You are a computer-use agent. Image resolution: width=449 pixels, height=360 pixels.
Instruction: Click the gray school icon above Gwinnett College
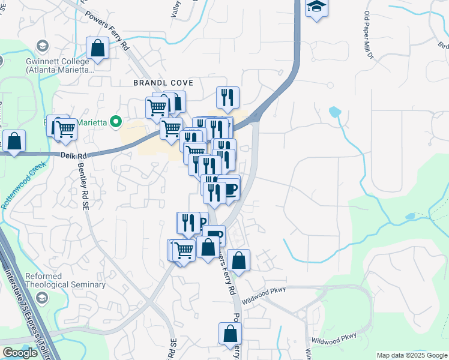point(42,46)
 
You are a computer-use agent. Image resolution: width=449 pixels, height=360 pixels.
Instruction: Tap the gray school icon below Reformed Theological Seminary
point(42,298)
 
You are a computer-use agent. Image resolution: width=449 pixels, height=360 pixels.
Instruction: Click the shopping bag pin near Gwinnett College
point(97,49)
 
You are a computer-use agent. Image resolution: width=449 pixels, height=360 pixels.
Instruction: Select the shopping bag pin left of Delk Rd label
point(14,142)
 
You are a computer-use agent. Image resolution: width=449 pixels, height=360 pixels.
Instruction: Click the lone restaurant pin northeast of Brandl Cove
point(228,97)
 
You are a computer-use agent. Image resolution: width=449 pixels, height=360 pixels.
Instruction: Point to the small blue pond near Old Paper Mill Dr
point(335,112)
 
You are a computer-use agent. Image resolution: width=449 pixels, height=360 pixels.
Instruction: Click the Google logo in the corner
point(20,353)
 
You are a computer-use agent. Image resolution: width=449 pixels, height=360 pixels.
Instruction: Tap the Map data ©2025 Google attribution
point(411,355)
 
